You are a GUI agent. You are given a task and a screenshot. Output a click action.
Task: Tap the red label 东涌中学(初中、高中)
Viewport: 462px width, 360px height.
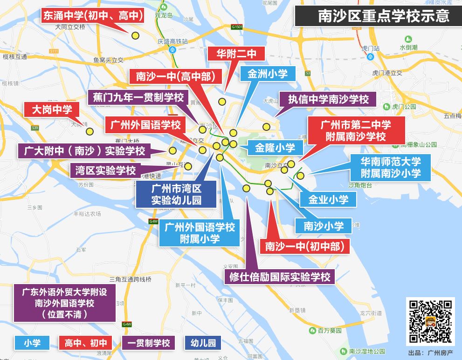(x=92, y=16)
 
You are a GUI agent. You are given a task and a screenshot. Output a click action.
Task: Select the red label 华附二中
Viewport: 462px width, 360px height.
(x=236, y=54)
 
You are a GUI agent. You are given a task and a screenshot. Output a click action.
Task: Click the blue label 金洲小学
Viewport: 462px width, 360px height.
(x=268, y=74)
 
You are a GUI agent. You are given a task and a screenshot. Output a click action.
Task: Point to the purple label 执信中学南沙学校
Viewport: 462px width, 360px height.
(x=328, y=99)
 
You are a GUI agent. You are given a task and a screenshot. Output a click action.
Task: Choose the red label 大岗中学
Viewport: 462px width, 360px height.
(x=52, y=110)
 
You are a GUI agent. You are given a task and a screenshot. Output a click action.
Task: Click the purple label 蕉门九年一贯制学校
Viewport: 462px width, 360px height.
(x=137, y=97)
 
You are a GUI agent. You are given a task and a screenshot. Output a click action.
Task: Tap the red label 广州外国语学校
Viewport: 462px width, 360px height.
(x=145, y=125)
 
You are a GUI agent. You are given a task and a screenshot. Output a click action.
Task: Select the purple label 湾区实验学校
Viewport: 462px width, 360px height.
(x=105, y=170)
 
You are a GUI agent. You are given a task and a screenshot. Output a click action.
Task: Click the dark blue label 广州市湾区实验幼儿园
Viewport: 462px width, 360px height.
(x=176, y=195)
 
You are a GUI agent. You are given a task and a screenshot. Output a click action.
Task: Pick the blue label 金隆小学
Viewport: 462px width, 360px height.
(x=275, y=148)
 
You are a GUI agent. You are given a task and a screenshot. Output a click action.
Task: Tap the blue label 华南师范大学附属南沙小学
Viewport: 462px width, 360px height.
(x=391, y=168)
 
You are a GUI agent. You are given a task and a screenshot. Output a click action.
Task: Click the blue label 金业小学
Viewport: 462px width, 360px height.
(x=328, y=199)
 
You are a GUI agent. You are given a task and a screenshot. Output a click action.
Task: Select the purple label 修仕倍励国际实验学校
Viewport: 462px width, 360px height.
(x=280, y=277)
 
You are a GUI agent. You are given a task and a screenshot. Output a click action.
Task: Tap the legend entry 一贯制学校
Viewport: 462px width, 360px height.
(x=148, y=343)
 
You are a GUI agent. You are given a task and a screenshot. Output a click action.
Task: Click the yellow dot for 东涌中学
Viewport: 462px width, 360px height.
(x=135, y=35)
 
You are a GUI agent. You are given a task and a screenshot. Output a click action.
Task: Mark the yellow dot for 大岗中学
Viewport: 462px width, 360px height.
(x=90, y=132)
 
